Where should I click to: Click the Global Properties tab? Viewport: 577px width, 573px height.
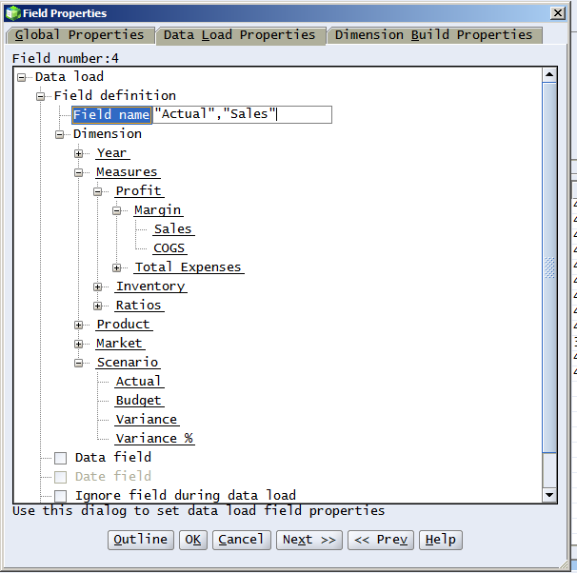tap(80, 35)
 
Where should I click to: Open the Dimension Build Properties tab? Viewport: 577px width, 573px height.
tap(434, 35)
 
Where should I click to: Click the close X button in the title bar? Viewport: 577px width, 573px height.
tap(558, 13)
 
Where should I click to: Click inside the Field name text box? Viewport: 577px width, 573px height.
tap(242, 114)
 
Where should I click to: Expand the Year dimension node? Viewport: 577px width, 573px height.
tap(78, 153)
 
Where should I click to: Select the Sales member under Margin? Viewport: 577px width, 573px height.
tap(173, 229)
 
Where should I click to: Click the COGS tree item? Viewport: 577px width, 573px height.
tap(169, 248)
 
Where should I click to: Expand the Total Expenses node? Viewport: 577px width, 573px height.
tap(117, 267)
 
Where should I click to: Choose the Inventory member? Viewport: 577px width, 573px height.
tap(150, 286)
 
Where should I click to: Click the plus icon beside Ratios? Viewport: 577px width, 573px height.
tap(97, 306)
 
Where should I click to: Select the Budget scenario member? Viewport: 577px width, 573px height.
tap(138, 400)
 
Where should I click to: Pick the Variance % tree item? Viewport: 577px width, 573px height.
tap(154, 439)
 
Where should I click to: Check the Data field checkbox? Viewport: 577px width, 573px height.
tap(60, 458)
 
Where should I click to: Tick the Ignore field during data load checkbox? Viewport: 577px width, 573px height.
tap(60, 496)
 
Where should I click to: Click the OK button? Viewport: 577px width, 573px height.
tap(193, 540)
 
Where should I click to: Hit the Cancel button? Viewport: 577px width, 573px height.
tap(242, 540)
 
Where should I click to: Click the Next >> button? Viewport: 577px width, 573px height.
tap(309, 540)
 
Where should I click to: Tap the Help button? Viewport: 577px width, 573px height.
tap(441, 540)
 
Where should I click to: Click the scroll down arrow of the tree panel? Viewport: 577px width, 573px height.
tap(549, 495)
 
